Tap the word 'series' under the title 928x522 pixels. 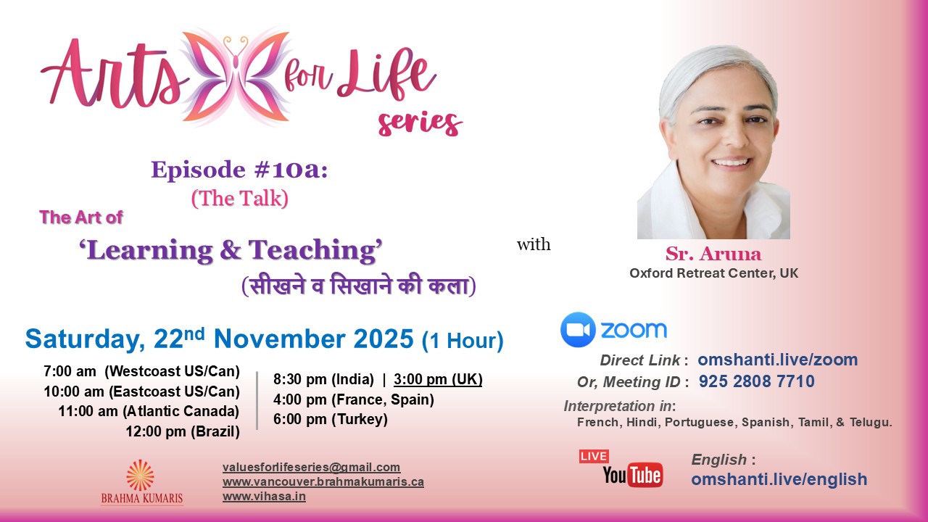(420, 123)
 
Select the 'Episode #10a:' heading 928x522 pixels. (239, 170)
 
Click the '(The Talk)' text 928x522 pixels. (239, 198)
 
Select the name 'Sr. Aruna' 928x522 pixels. (713, 254)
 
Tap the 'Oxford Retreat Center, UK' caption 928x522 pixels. (713, 274)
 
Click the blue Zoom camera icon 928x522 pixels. (578, 330)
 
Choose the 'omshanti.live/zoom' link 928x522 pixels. (777, 360)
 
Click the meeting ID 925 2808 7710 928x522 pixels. (756, 381)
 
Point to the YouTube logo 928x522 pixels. (632, 475)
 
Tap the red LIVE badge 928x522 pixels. (594, 456)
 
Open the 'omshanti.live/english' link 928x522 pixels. (779, 479)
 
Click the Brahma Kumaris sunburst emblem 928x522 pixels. (140, 475)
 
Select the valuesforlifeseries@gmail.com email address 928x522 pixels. (311, 468)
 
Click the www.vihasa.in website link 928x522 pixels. (264, 497)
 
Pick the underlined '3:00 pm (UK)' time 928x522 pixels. (438, 379)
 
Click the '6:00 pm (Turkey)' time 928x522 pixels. (331, 419)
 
